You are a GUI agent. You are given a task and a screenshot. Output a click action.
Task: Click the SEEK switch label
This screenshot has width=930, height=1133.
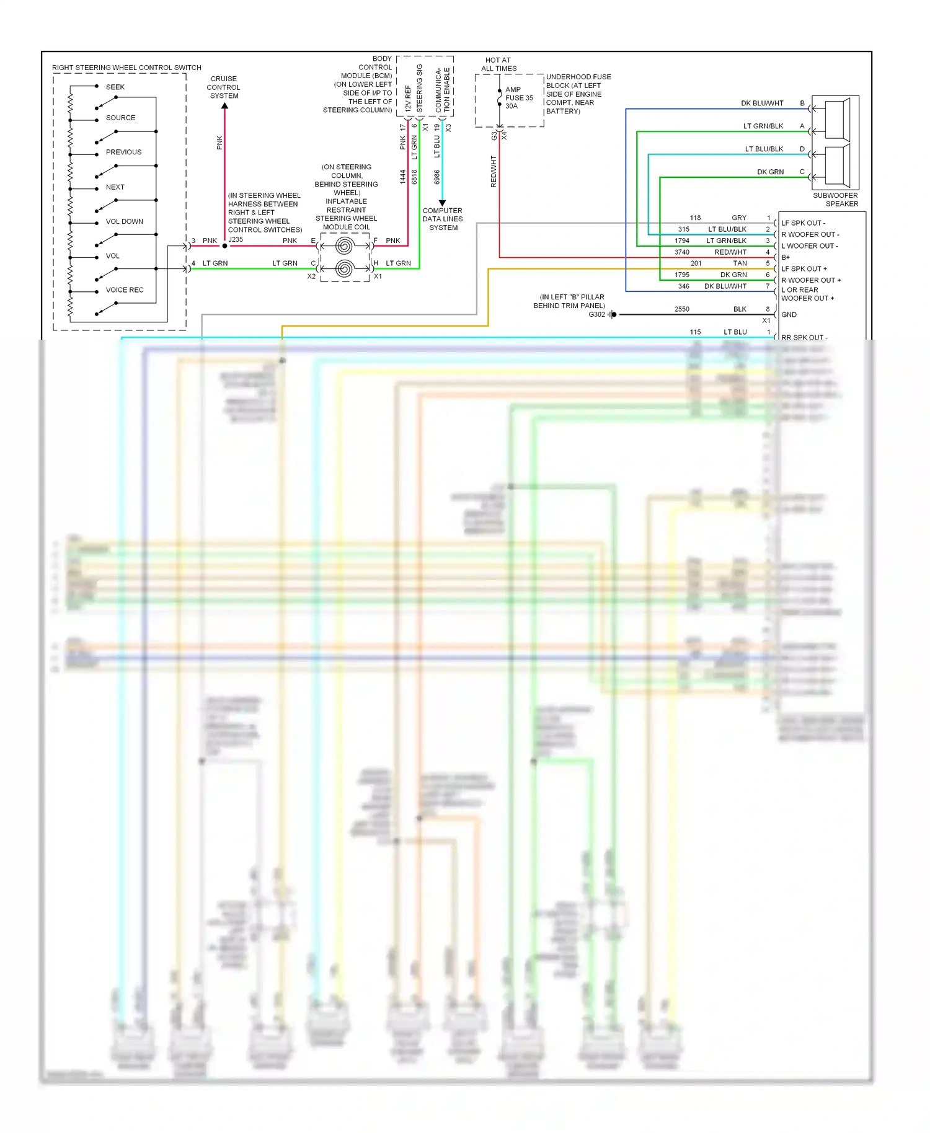(115, 87)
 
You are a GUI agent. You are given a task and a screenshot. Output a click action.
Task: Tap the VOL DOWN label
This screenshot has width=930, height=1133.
(124, 221)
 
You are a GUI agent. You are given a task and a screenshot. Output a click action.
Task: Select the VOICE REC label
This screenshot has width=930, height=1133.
(124, 290)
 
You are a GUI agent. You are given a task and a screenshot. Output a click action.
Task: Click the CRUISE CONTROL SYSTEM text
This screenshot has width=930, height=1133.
(224, 87)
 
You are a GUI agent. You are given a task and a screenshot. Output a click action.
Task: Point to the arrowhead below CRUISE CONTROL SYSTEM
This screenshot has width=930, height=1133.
(224, 106)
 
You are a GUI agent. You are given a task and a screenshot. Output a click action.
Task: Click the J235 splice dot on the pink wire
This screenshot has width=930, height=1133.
(224, 246)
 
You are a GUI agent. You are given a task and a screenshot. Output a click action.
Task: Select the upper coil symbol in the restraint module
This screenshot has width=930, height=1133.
(345, 246)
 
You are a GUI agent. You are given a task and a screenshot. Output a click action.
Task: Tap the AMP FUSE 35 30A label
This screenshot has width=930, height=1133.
(518, 98)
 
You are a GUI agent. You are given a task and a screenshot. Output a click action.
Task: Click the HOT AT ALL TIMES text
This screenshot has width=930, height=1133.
(498, 64)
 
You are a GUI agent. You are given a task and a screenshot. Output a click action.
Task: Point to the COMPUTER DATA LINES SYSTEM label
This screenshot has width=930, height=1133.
(443, 219)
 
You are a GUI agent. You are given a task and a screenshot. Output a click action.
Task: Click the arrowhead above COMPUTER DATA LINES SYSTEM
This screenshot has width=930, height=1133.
(442, 203)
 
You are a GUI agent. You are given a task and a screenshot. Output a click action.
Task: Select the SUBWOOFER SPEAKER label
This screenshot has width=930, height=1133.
(835, 200)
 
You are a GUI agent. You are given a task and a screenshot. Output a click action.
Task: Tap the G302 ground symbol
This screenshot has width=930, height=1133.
(613, 315)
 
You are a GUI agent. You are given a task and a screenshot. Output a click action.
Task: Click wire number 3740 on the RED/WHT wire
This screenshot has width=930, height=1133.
(682, 252)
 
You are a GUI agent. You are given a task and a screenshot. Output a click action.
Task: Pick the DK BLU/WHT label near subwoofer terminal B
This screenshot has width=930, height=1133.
(762, 104)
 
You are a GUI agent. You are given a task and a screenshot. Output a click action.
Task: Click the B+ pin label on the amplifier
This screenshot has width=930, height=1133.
(786, 257)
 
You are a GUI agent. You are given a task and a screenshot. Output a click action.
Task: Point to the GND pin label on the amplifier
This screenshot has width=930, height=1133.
(789, 315)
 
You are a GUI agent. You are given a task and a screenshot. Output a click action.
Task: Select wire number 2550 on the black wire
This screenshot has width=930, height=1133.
(682, 309)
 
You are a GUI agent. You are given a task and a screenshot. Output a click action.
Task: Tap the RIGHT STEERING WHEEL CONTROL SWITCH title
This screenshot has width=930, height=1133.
(126, 68)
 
